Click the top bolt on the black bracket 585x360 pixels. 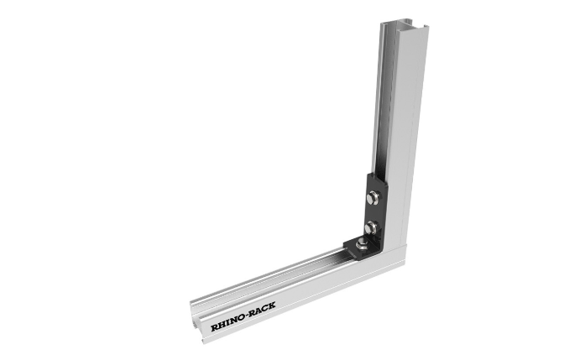point(373,197)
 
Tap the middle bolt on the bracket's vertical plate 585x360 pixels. point(372,227)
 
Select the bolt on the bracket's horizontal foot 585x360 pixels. point(362,244)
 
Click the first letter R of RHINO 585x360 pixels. point(215,328)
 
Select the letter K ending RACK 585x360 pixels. point(272,305)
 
